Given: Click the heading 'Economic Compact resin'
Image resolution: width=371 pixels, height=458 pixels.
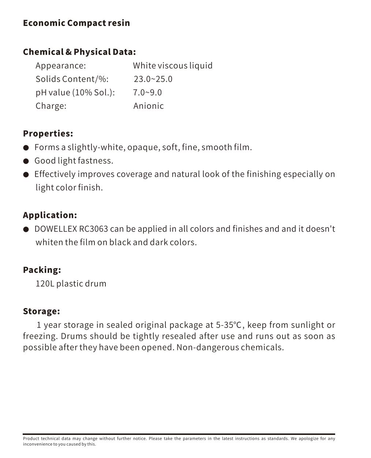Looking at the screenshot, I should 76,23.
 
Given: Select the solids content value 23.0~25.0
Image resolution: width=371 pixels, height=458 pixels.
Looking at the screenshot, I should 153,79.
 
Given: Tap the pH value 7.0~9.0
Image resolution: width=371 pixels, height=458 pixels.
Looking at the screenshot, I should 147,92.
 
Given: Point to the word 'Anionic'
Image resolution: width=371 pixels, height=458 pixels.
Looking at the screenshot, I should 149,106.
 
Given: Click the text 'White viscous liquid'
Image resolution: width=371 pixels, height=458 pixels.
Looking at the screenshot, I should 173,66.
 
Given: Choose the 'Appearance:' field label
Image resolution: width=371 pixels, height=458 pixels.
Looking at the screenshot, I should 61,66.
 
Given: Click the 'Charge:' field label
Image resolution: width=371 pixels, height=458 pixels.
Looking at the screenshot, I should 51,106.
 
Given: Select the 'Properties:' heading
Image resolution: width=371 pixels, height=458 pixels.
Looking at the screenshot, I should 48,133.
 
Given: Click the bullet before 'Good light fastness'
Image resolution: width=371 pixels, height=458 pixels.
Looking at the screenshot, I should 26,161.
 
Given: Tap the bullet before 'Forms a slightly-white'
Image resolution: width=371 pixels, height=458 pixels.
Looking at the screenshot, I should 26,148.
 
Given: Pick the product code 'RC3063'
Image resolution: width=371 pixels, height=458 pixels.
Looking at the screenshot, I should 93,229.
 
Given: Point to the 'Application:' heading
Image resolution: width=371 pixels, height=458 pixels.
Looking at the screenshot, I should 50,215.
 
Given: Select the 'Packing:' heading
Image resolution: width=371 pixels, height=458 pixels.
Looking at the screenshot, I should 42,270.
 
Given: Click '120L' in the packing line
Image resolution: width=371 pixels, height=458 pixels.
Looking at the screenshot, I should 45,284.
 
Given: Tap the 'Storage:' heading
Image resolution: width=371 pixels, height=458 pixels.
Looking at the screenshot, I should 41,311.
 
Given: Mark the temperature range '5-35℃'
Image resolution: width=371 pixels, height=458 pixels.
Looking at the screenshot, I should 229,325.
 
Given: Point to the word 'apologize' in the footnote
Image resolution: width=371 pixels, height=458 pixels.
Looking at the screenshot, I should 308,439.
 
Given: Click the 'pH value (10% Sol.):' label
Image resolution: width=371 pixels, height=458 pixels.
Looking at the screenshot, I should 75,92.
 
